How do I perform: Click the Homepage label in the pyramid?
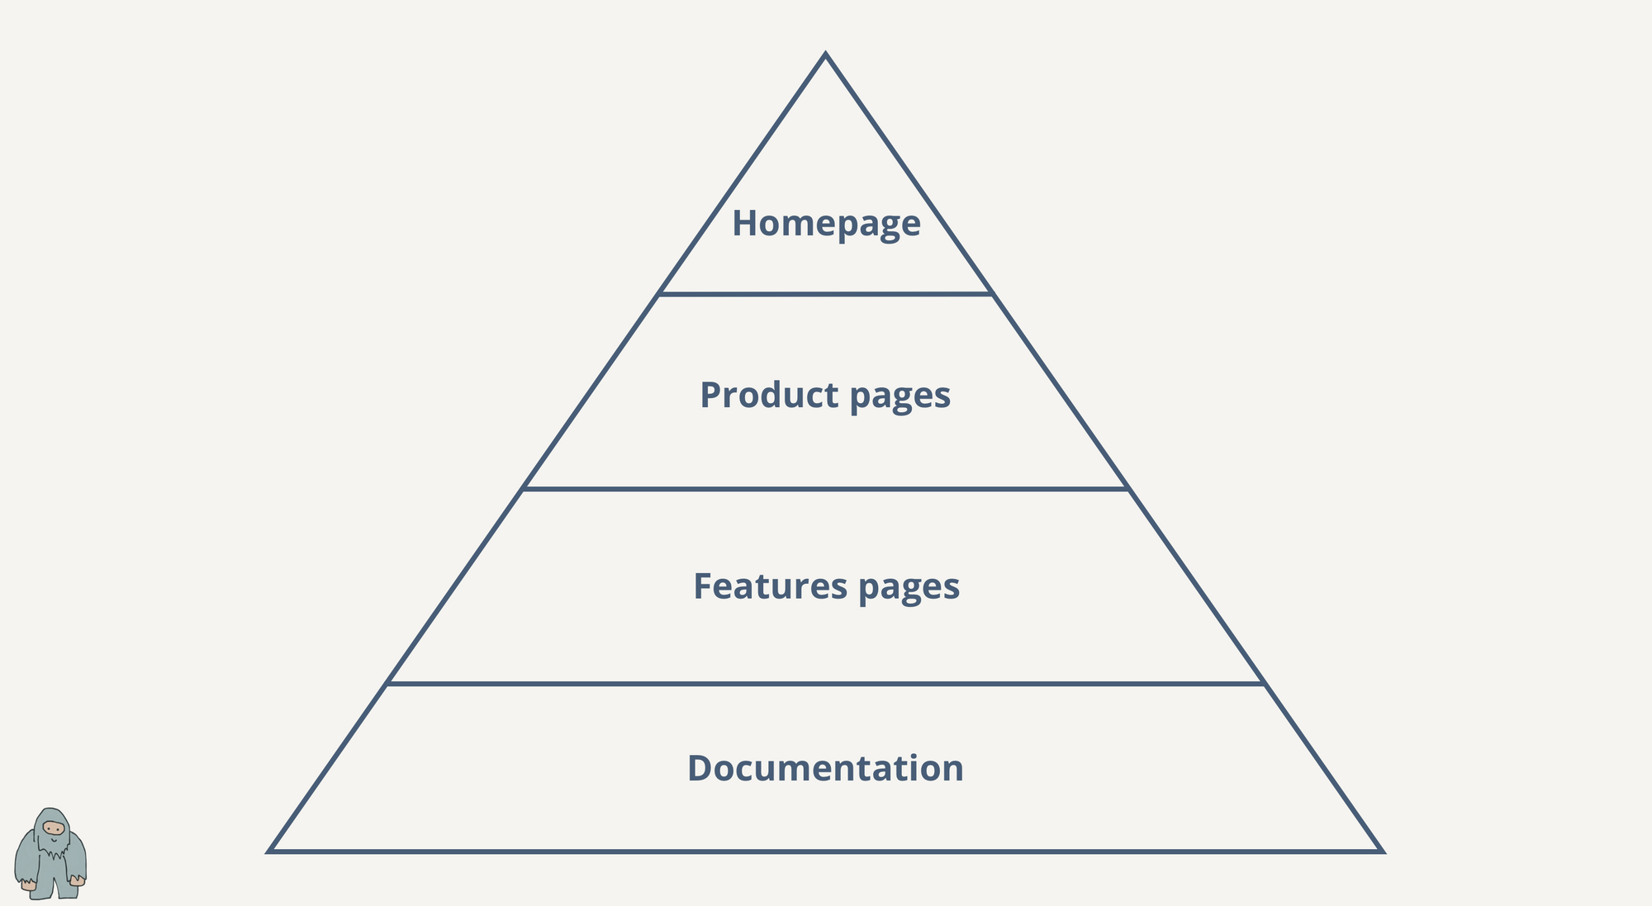click(826, 224)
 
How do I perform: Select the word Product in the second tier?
click(770, 395)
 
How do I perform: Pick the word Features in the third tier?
click(771, 586)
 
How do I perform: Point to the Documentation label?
click(825, 768)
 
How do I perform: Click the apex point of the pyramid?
click(825, 55)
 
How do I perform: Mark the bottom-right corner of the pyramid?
click(1381, 851)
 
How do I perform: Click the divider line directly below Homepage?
click(826, 293)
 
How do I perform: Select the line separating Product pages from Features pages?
click(826, 489)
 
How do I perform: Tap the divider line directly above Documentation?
click(826, 684)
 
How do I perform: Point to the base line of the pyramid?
click(826, 851)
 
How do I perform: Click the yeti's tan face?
click(54, 828)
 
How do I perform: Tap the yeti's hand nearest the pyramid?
click(77, 880)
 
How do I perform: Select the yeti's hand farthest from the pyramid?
click(28, 885)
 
